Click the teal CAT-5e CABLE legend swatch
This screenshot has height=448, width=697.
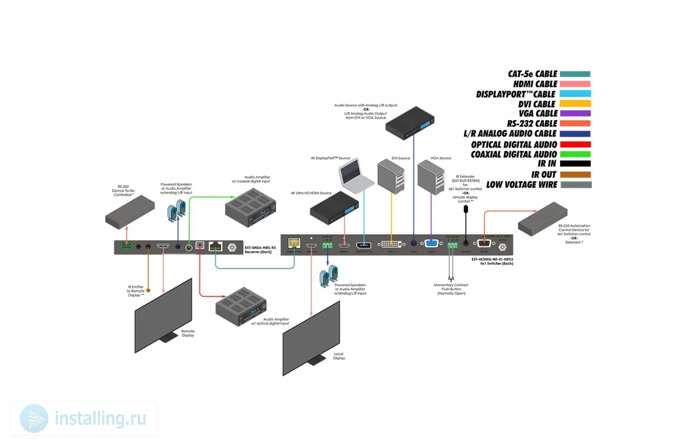[575, 74]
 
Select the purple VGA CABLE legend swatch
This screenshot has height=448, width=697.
[575, 113]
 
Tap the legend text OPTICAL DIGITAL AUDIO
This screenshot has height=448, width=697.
[514, 144]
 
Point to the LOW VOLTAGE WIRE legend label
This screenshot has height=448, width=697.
[521, 185]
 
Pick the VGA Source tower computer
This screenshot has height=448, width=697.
[431, 177]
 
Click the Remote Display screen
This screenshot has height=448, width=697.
[164, 315]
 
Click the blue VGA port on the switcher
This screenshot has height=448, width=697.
[431, 243]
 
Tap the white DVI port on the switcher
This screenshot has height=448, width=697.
[391, 244]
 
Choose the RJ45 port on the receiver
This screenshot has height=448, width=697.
[215, 246]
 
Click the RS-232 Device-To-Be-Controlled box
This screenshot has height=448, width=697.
[130, 212]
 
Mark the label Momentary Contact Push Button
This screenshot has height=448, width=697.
[451, 289]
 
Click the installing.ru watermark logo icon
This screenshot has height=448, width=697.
[34, 419]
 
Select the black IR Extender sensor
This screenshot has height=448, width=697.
[466, 209]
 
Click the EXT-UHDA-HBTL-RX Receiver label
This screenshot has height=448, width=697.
[260, 249]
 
